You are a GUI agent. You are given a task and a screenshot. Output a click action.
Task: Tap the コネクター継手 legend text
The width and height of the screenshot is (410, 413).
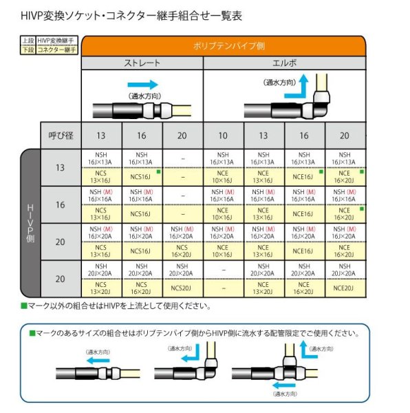point(56,50)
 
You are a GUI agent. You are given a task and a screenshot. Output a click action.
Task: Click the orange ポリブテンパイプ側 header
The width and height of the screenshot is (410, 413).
point(224,47)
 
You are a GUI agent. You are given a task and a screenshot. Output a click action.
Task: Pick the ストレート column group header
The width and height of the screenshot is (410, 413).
point(142,63)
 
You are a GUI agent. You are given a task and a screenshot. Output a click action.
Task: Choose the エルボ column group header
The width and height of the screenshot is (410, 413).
point(285,63)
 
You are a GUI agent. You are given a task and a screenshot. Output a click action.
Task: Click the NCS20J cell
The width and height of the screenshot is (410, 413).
point(182,288)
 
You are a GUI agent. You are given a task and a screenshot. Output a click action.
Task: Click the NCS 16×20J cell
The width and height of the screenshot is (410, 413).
point(141,288)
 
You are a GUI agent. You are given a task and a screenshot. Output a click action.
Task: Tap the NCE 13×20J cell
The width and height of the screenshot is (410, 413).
point(264,288)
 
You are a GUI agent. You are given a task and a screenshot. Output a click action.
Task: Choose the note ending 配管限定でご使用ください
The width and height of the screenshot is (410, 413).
point(197,333)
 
